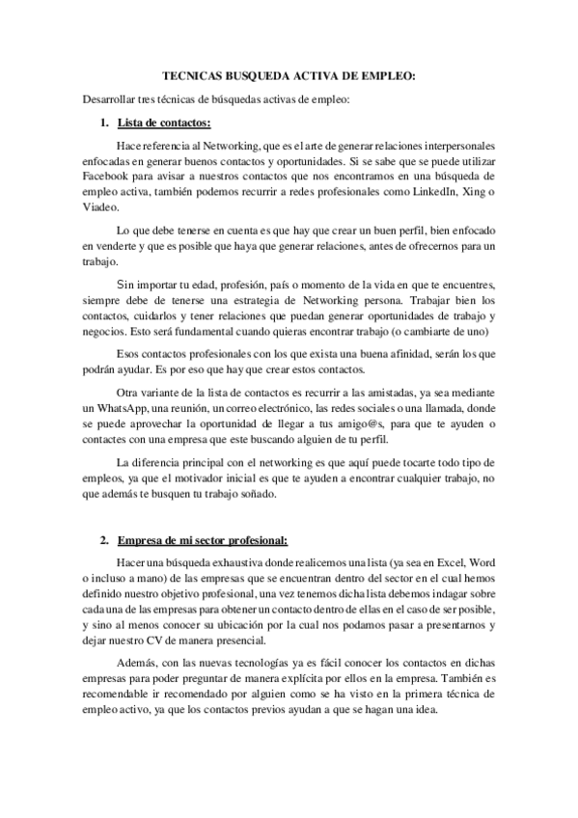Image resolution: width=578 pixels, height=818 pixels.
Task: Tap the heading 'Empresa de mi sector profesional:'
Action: [201, 539]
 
